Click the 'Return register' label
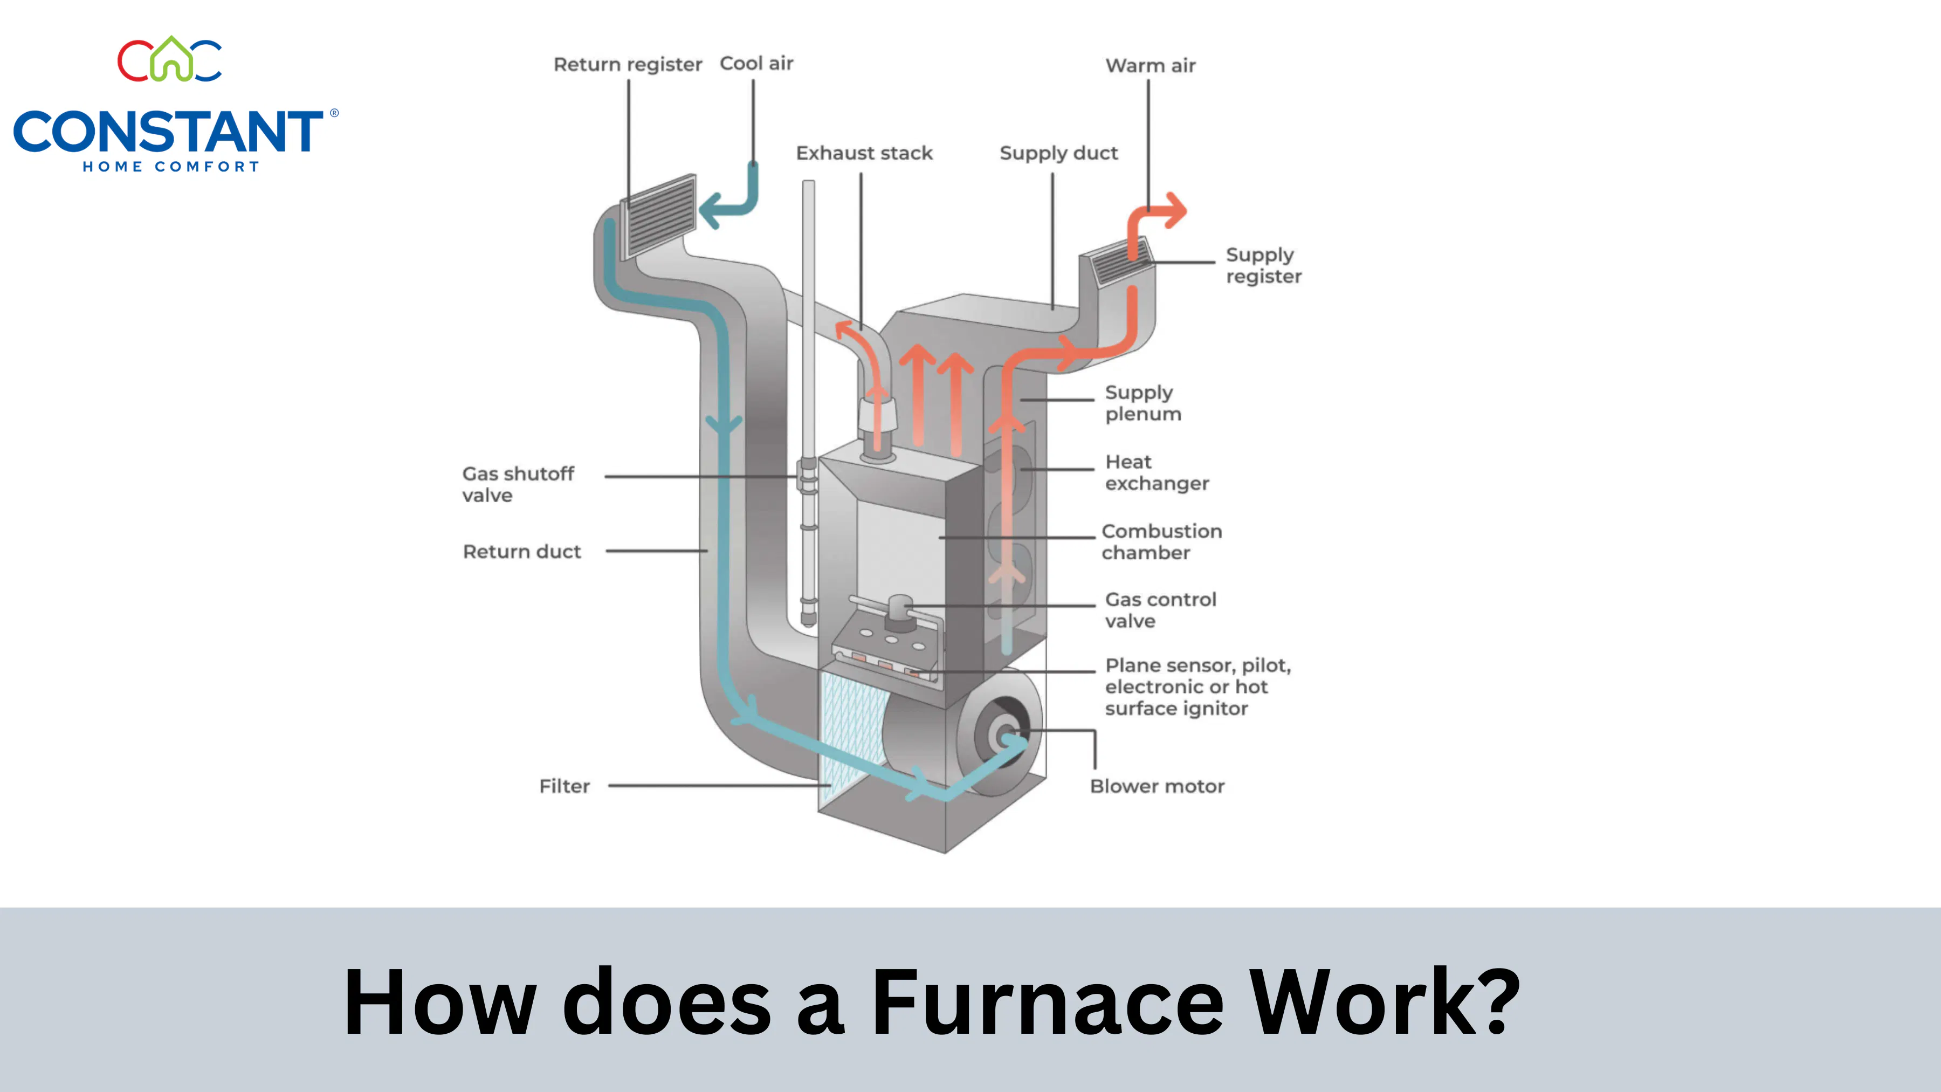point(628,65)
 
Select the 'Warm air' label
point(1151,66)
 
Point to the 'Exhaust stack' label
point(864,153)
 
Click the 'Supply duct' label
point(1059,154)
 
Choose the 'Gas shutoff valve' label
point(518,485)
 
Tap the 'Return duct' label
point(521,552)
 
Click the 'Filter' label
point(565,786)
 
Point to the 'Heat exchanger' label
point(1157,472)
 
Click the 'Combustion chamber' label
point(1162,542)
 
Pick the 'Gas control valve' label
point(1160,610)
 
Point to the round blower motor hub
point(1005,734)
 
